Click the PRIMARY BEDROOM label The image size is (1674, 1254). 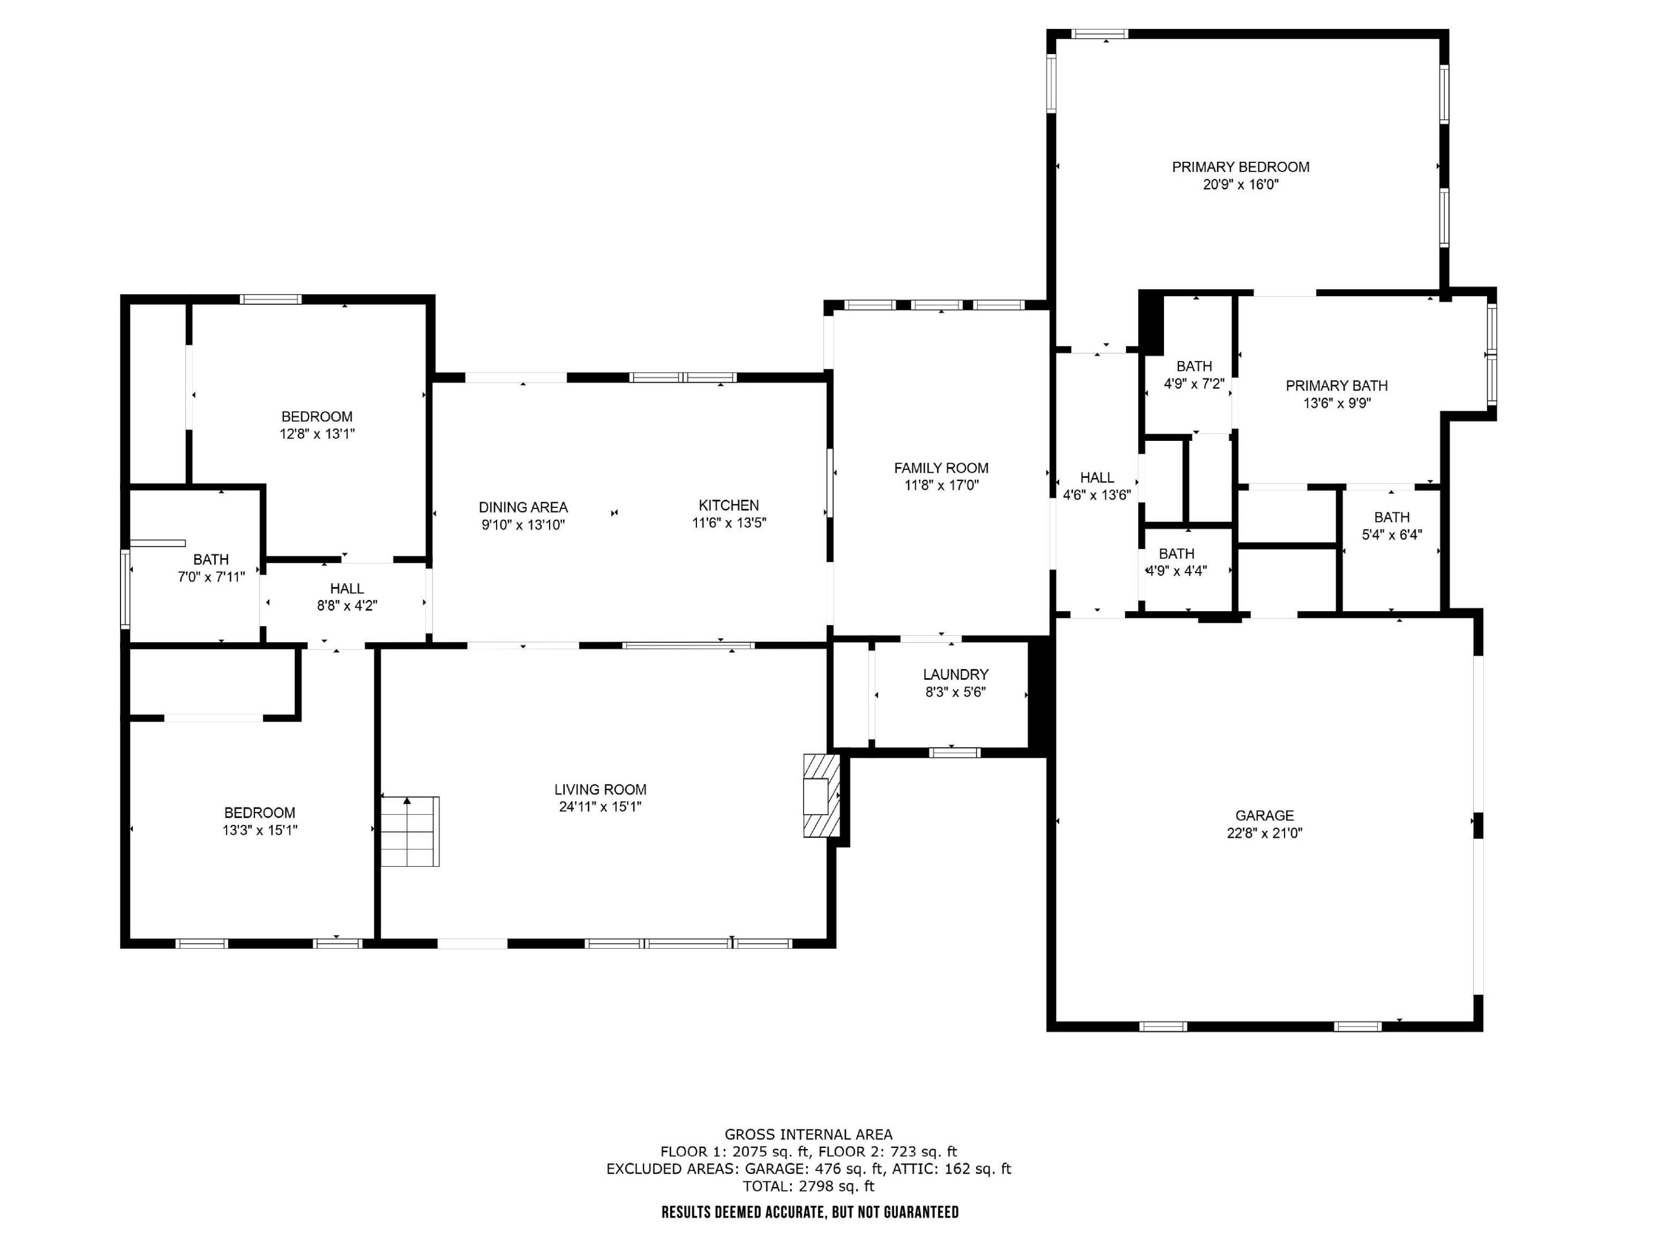(1240, 166)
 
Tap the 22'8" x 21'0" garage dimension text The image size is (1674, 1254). (1264, 833)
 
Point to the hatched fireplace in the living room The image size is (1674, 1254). (820, 795)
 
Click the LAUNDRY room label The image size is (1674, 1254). (955, 674)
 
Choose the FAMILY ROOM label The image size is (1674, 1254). (941, 468)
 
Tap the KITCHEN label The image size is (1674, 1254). (728, 505)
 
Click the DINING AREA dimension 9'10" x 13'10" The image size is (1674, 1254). (523, 525)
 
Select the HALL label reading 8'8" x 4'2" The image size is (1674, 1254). (347, 588)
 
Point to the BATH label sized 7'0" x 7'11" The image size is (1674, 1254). (210, 559)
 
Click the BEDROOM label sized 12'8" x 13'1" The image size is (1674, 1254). (316, 416)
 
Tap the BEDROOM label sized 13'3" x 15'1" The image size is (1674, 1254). (259, 813)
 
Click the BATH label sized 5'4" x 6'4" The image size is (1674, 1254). (1391, 517)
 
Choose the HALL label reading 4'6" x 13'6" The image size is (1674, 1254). (1096, 478)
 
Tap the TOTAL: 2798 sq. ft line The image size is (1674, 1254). (808, 1186)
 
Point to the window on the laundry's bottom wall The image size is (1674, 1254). (954, 752)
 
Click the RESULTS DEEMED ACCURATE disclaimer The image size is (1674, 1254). (810, 1212)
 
